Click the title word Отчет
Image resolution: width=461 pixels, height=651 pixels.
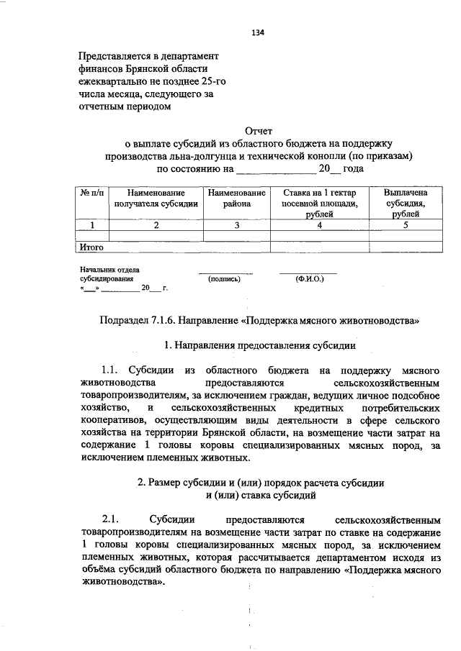259,132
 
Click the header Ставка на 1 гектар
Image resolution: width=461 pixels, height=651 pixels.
319,193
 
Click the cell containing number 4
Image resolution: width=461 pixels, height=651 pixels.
319,225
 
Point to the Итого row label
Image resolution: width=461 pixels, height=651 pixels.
91,247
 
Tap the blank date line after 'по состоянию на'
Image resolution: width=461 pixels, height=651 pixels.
275,169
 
